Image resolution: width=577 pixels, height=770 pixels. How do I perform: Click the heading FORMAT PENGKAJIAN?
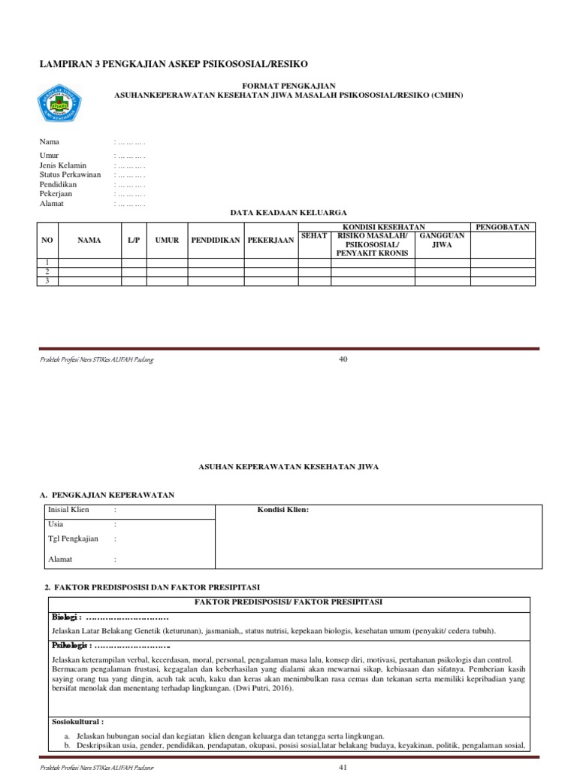click(288, 86)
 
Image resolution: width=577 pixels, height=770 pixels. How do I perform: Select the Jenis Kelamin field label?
click(63, 165)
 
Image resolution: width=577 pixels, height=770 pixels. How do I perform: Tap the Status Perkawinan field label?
click(70, 174)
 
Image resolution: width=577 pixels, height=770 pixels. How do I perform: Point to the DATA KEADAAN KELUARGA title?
click(288, 213)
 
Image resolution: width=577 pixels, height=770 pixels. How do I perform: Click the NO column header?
click(47, 241)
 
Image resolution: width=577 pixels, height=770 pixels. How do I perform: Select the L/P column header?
click(134, 241)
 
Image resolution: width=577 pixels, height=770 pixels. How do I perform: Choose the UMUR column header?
click(167, 241)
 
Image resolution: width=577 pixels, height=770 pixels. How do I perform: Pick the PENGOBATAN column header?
click(503, 227)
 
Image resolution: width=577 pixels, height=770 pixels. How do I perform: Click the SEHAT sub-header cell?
click(314, 236)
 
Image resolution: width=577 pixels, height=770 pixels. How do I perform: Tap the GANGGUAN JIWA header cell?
click(442, 241)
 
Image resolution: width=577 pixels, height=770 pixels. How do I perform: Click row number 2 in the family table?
click(47, 271)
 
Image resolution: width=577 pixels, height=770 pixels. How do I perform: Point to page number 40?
click(343, 359)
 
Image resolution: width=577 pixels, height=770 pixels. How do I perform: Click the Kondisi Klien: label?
click(283, 510)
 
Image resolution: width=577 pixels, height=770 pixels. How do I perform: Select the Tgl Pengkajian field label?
click(74, 539)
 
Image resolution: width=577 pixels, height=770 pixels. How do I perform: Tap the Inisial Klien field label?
click(68, 510)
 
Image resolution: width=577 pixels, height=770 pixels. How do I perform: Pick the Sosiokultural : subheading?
click(77, 721)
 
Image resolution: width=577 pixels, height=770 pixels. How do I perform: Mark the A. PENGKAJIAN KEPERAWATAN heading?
click(107, 495)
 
